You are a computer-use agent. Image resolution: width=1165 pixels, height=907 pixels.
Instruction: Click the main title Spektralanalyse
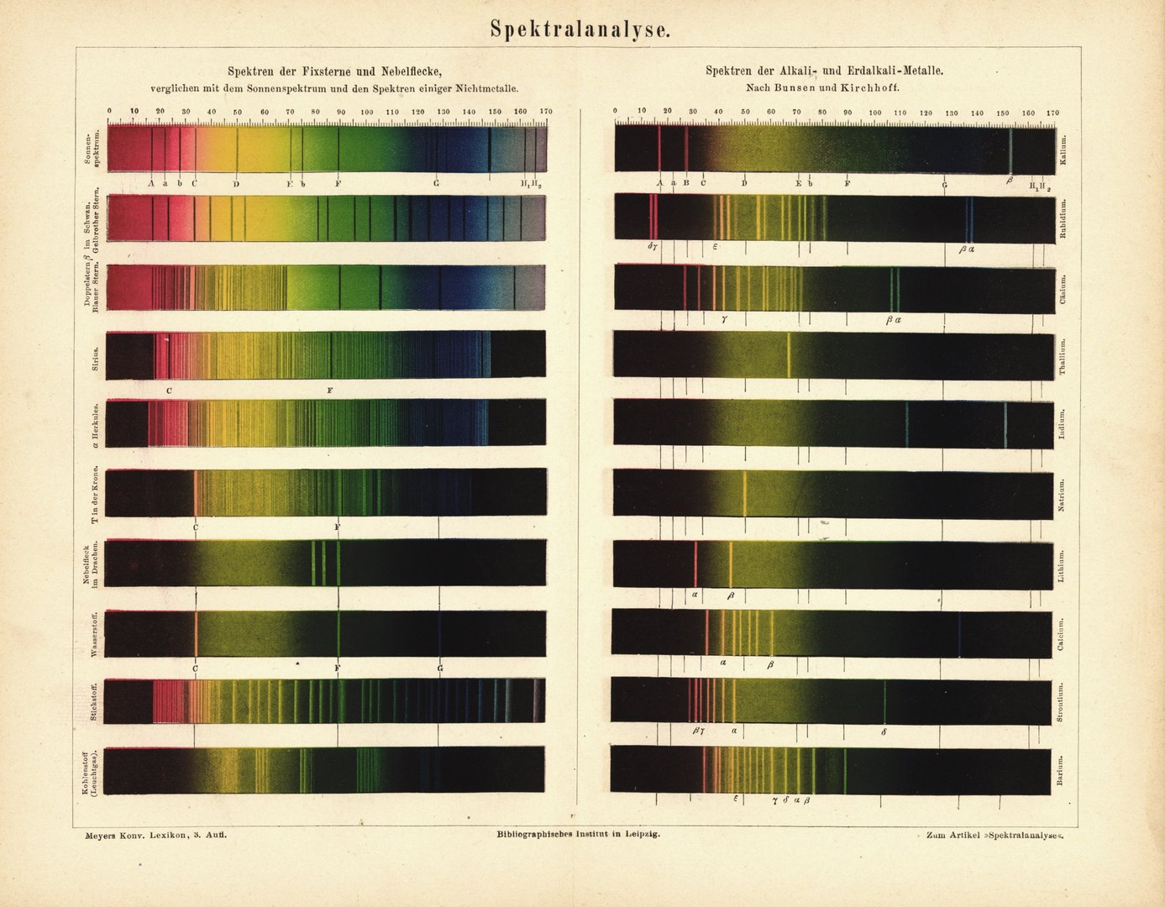click(581, 29)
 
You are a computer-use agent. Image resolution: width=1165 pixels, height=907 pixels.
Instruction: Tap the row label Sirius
click(97, 357)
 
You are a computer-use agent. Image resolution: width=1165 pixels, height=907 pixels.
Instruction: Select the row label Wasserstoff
click(95, 635)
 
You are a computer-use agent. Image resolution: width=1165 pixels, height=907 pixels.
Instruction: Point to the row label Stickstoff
click(95, 703)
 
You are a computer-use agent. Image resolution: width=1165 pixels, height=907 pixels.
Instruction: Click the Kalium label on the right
click(1064, 149)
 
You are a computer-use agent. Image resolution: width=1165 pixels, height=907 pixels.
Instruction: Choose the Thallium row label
click(1063, 356)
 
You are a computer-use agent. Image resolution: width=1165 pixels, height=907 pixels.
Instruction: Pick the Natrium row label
click(1063, 493)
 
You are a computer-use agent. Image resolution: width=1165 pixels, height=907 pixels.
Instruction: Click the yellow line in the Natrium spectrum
click(745, 493)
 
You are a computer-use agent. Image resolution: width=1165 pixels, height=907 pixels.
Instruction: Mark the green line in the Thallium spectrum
click(789, 355)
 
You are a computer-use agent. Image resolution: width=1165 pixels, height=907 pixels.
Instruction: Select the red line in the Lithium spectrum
click(696, 564)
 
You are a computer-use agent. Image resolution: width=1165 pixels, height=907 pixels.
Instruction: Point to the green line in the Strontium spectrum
click(884, 701)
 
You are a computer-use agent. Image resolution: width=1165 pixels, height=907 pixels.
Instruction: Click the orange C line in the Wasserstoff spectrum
click(196, 633)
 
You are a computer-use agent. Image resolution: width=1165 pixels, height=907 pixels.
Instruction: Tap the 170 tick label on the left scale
click(546, 112)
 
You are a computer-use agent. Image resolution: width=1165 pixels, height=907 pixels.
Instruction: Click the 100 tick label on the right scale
click(874, 113)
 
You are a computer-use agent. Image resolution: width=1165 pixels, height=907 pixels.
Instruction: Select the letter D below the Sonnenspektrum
click(237, 183)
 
